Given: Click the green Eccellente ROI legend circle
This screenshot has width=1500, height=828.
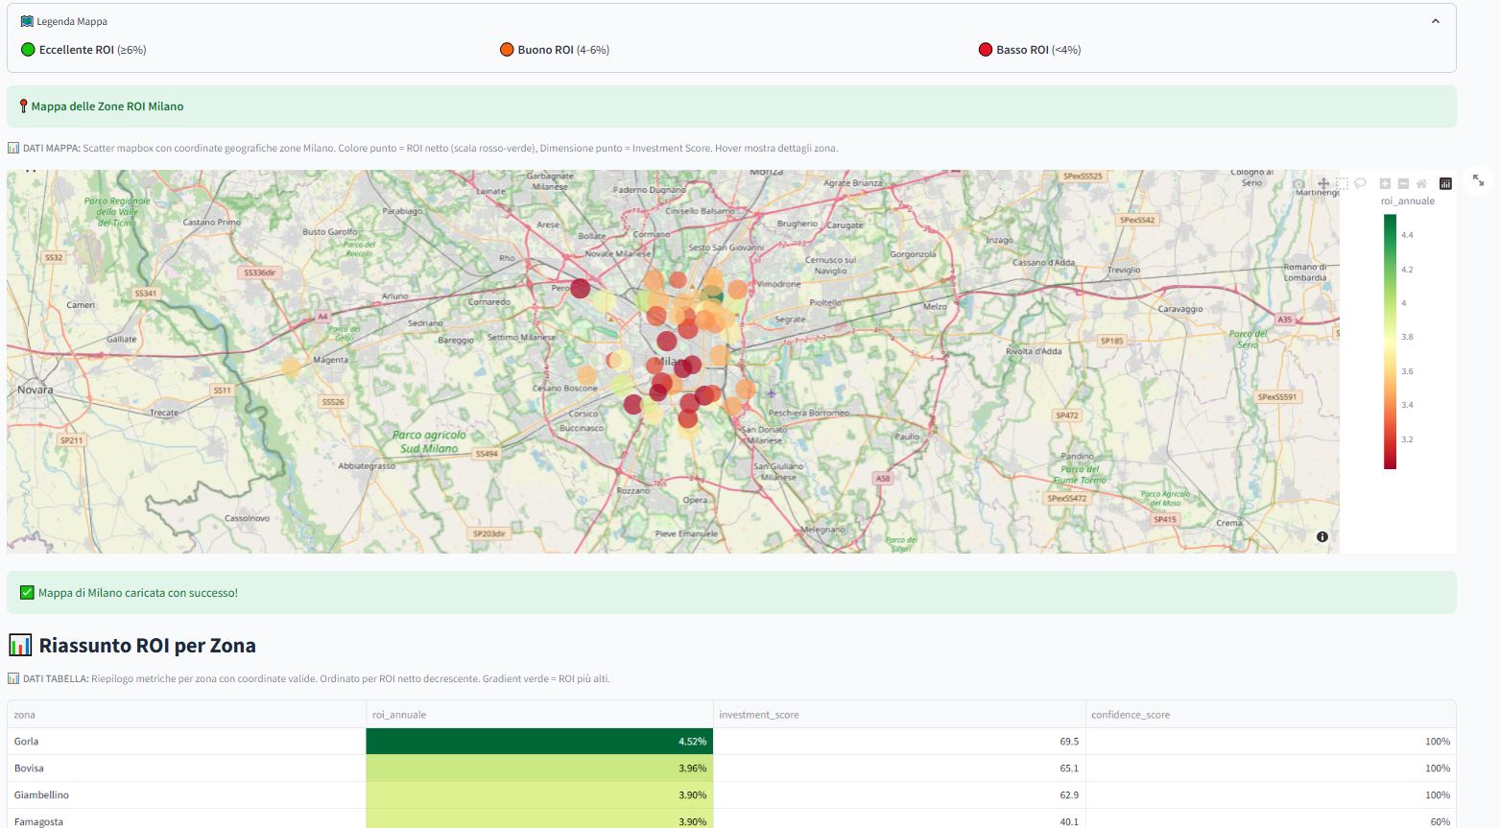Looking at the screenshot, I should click(28, 50).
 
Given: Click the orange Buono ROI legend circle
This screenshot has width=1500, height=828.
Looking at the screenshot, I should click(507, 50).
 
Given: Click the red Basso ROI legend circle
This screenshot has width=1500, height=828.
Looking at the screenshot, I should click(985, 50).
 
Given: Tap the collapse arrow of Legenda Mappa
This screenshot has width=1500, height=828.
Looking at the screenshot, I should click(1435, 21).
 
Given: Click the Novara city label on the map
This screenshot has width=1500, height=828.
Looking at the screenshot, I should click(36, 390).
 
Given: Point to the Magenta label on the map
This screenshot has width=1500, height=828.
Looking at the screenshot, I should click(330, 360).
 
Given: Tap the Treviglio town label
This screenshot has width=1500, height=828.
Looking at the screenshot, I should click(1124, 270).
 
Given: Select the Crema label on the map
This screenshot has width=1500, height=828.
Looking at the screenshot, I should click(1228, 523).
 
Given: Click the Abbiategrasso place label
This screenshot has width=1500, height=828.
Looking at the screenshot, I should click(367, 466).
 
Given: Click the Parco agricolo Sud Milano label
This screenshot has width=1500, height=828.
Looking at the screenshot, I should click(429, 441).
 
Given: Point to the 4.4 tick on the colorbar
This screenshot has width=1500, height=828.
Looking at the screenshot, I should click(1406, 235).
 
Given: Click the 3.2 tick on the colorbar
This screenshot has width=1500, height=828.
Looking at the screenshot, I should click(1406, 439).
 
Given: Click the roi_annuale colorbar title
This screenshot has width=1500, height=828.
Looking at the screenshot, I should click(1407, 201).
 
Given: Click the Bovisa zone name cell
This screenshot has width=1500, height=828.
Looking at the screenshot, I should click(29, 769).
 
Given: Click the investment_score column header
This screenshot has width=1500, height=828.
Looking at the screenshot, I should click(758, 715).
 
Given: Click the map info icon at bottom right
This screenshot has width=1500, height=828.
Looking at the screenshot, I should click(1321, 536).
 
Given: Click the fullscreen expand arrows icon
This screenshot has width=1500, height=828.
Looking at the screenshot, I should click(1478, 180).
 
